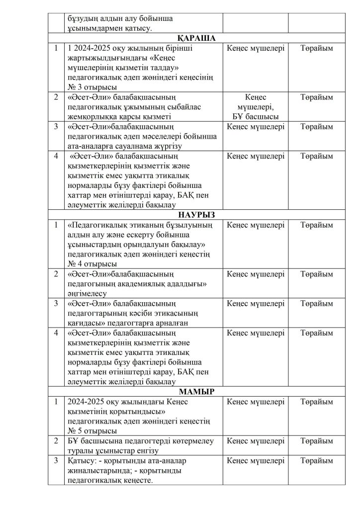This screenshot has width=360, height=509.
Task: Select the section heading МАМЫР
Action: pyautogui.click(x=195, y=392)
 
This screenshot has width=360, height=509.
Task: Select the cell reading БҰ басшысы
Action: pyautogui.click(x=256, y=116)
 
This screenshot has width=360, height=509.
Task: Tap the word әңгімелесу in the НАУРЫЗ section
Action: pyautogui.click(x=87, y=293)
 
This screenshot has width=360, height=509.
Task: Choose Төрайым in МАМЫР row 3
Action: pyautogui.click(x=317, y=461)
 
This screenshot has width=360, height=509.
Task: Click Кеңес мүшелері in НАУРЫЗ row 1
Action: pyautogui.click(x=256, y=225)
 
